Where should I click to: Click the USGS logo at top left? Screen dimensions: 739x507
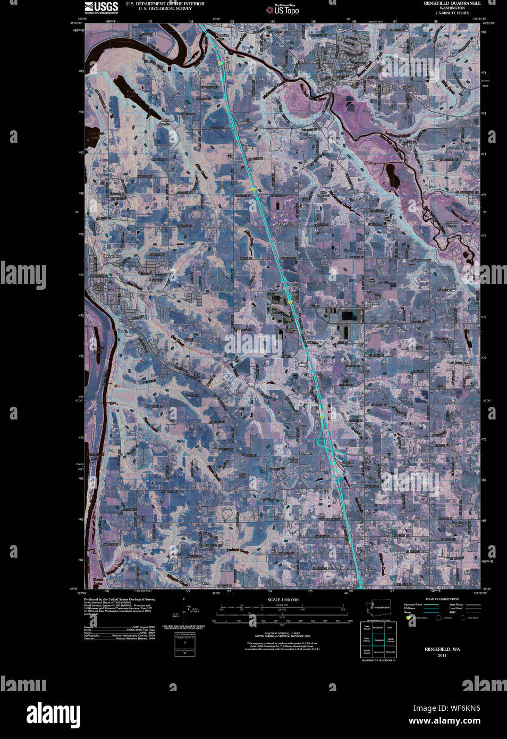pos(101,7)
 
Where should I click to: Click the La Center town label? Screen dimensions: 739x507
pos(343,84)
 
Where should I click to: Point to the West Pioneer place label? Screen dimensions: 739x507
pos(288,224)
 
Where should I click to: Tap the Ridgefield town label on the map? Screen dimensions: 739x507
pos(112,256)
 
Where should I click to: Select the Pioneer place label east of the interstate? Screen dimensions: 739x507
pos(371,303)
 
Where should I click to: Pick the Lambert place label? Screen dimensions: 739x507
pos(306,453)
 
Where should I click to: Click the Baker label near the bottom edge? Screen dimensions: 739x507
pos(370,570)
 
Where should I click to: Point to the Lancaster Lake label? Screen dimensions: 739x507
pos(95,135)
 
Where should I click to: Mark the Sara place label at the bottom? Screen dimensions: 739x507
pos(207,583)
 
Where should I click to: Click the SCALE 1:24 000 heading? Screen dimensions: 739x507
pos(283,600)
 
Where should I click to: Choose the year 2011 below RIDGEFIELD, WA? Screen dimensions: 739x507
pos(442,656)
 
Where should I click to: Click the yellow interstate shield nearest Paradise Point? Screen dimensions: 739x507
pos(219,63)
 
